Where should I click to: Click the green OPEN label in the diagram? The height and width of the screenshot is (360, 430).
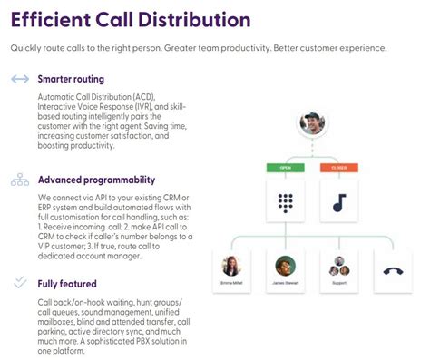pos(286,167)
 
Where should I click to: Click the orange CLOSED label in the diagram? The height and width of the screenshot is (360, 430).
pos(337,167)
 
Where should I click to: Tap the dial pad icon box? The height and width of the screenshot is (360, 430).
pos(286,202)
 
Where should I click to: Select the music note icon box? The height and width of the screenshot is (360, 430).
pos(337,202)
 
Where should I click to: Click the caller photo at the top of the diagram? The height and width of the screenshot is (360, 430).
pos(312,125)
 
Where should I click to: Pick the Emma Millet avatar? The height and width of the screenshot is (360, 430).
pos(230,267)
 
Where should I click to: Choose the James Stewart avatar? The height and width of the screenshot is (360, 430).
pos(286,267)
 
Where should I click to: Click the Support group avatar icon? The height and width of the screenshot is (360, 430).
pos(339,267)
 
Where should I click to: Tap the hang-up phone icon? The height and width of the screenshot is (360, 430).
pos(394,270)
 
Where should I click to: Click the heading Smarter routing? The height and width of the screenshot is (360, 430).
pos(71,79)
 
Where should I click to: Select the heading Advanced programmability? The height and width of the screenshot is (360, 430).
pos(96,180)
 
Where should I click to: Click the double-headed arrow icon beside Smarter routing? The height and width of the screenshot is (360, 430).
pos(20,79)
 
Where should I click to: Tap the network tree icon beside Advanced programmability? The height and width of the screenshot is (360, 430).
pos(20,180)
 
